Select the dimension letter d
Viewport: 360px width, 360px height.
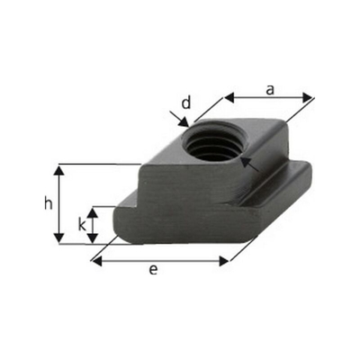[x=186, y=103]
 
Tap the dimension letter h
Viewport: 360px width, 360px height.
[x=48, y=204]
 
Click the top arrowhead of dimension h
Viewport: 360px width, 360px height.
[x=60, y=169]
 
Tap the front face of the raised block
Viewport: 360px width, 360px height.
[x=180, y=184]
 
